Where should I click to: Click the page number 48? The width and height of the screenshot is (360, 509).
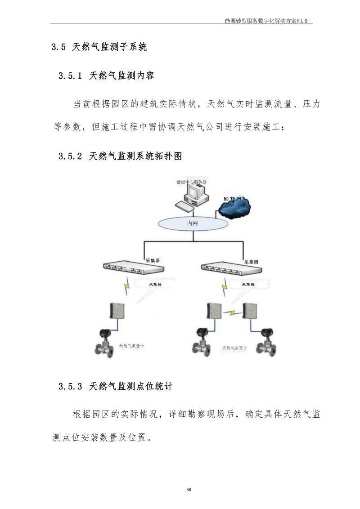pyautogui.click(x=189, y=489)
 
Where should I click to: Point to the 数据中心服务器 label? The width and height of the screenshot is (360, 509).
pyautogui.click(x=192, y=182)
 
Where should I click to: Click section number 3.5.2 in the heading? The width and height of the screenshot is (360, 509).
pyautogui.click(x=70, y=156)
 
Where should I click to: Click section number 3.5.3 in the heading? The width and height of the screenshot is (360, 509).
pyautogui.click(x=70, y=386)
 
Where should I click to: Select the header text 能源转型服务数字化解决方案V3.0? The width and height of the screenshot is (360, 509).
pyautogui.click(x=269, y=21)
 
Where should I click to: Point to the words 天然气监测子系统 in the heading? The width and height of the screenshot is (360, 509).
pyautogui.click(x=109, y=47)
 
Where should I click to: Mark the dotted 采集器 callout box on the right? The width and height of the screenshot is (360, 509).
pyautogui.click(x=249, y=285)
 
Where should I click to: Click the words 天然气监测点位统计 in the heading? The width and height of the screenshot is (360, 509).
pyautogui.click(x=131, y=386)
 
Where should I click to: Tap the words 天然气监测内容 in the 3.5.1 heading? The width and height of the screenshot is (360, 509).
pyautogui.click(x=122, y=76)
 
